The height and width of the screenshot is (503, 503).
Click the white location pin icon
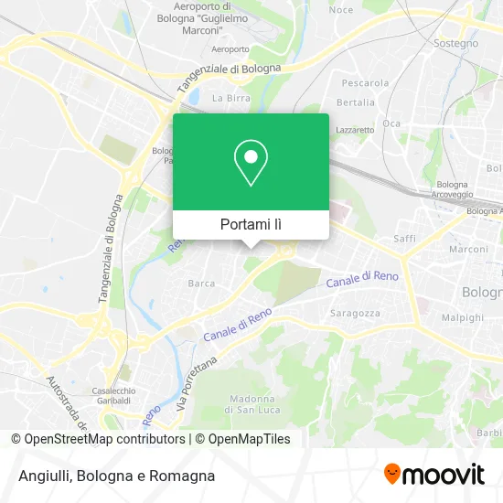tap(251, 163)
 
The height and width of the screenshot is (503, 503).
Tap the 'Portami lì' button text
tap(251, 224)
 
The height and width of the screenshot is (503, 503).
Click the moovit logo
tap(433, 475)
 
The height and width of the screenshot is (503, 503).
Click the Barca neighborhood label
tap(201, 284)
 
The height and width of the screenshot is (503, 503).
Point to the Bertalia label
tap(356, 102)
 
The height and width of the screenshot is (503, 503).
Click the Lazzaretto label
tap(355, 130)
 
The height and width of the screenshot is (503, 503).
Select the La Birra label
tap(230, 97)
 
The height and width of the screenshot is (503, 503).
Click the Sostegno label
tap(455, 43)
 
